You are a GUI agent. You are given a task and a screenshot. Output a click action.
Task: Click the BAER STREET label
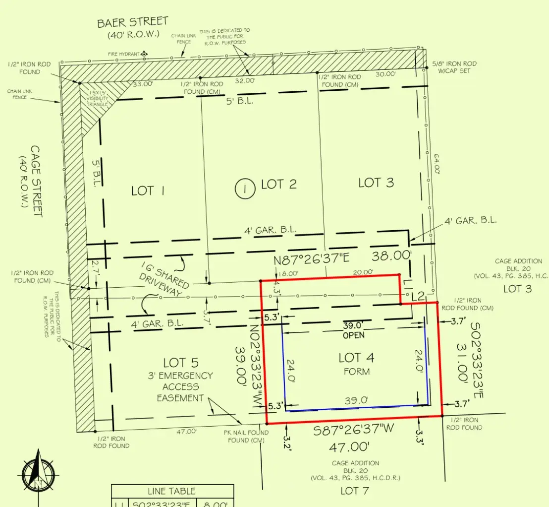(132, 23)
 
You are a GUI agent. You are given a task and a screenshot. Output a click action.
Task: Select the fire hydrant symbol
(144, 54)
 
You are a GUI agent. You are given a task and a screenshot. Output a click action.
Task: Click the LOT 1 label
(147, 191)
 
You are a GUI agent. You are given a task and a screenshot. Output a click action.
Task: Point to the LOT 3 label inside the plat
(376, 183)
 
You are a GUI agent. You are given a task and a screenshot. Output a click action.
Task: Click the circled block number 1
(244, 188)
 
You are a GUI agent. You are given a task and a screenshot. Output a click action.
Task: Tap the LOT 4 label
(356, 358)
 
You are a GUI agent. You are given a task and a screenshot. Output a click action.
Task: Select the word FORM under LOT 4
(356, 371)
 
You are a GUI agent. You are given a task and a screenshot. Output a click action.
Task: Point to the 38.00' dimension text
(392, 256)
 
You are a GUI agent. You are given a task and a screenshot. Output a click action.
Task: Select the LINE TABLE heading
(171, 491)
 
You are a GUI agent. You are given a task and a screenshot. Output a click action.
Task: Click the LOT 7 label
(355, 491)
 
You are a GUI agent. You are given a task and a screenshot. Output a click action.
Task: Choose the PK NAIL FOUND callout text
(247, 436)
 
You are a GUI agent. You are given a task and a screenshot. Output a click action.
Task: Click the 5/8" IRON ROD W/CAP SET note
(454, 67)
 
